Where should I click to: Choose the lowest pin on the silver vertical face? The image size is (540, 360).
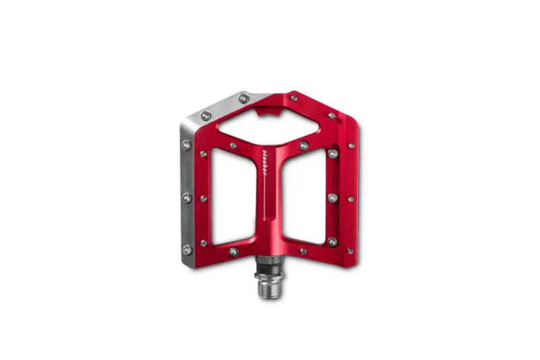188,249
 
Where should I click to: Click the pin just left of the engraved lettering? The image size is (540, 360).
234,145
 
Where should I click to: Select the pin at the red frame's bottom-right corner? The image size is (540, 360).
350,251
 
